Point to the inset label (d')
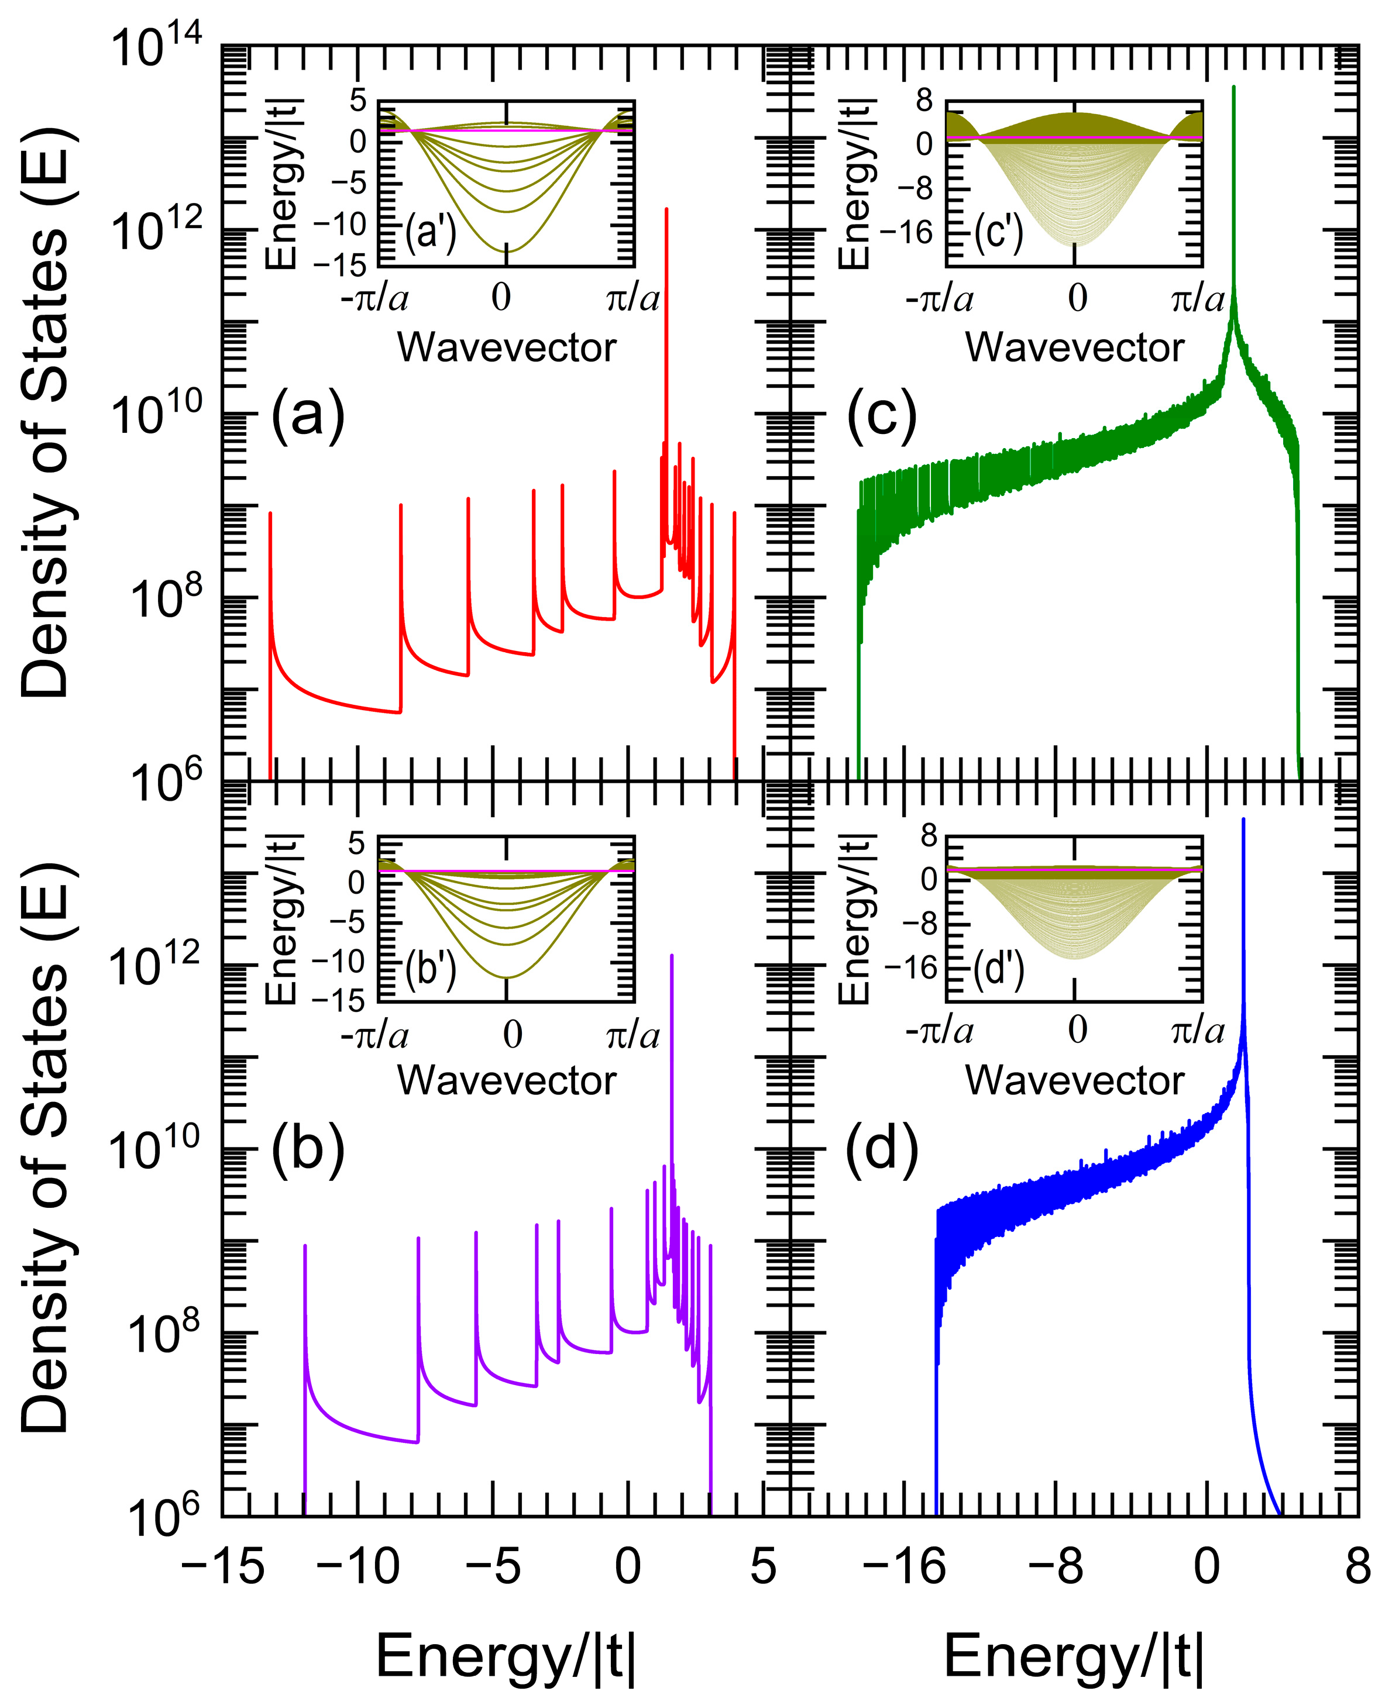tap(999, 971)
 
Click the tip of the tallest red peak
tap(666, 209)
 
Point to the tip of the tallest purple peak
tap(672, 956)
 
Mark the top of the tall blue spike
tap(1243, 819)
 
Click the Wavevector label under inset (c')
tap(1075, 347)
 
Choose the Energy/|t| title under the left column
tap(506, 1656)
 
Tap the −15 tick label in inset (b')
tap(338, 1000)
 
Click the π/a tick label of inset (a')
tap(633, 298)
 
